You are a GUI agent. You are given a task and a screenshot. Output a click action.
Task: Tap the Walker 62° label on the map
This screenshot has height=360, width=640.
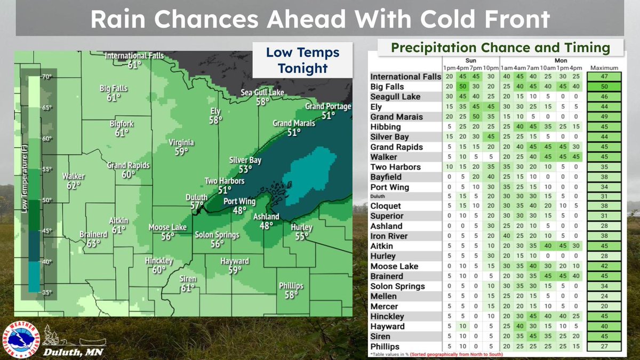(x=73, y=181)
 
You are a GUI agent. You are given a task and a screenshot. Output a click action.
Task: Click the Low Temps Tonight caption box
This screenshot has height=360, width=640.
(x=302, y=61)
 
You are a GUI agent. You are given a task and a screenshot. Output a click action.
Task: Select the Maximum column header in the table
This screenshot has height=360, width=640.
(x=604, y=68)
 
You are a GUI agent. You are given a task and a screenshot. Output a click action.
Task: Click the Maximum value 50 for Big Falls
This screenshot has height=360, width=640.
(x=604, y=87)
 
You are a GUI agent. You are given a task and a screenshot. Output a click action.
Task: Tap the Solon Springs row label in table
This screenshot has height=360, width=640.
(x=397, y=286)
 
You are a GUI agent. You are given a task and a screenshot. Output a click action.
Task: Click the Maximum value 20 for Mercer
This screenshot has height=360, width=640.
(x=604, y=307)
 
